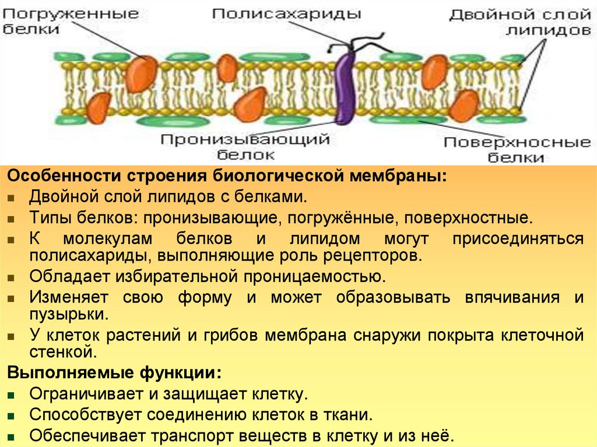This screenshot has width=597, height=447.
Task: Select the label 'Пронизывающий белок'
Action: point(245,147)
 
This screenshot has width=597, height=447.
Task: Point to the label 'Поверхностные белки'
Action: point(517,150)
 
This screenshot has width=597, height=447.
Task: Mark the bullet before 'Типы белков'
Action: point(12,219)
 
